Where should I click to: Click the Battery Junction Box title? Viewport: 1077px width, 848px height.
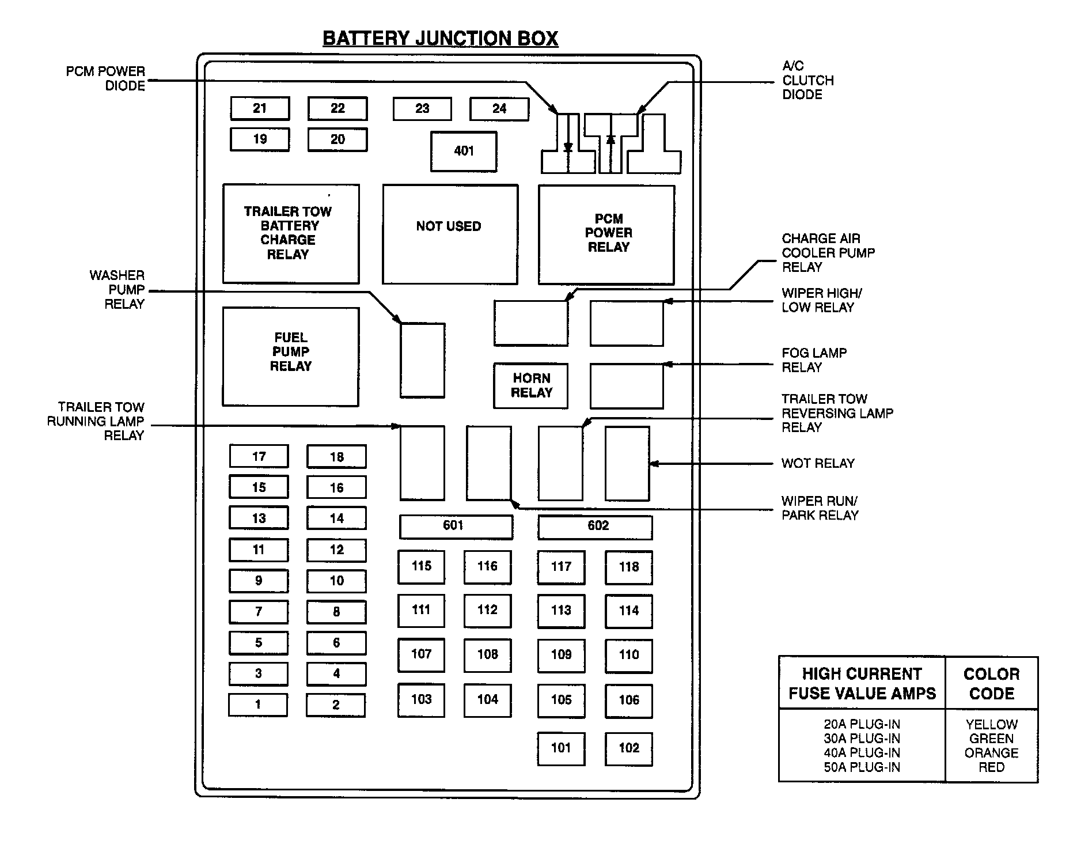[440, 39]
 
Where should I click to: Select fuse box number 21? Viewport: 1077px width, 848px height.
[260, 108]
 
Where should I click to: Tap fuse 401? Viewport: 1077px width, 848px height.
[464, 152]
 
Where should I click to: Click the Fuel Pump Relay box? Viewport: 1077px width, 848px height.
[290, 356]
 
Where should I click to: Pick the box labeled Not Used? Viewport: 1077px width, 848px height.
[450, 234]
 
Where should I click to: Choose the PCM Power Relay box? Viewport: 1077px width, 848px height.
[606, 234]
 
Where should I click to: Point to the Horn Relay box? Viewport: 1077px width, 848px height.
[531, 385]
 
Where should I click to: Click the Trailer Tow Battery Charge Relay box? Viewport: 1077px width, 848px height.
[290, 233]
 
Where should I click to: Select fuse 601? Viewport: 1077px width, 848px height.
[456, 526]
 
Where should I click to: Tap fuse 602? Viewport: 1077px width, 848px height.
[595, 527]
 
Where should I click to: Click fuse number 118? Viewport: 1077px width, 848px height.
[628, 567]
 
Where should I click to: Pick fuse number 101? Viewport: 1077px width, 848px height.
[561, 748]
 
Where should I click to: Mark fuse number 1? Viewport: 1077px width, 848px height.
[258, 705]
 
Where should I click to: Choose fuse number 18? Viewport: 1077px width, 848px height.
[336, 457]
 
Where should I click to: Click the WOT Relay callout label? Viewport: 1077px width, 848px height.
[818, 463]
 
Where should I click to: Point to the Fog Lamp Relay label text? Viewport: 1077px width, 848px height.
[813, 360]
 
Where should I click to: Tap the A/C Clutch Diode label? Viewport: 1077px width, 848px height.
[807, 80]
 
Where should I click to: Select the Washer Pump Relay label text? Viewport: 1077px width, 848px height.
[117, 290]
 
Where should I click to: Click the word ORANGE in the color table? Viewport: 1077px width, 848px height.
[991, 753]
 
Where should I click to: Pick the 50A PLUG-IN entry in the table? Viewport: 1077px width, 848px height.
[862, 767]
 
